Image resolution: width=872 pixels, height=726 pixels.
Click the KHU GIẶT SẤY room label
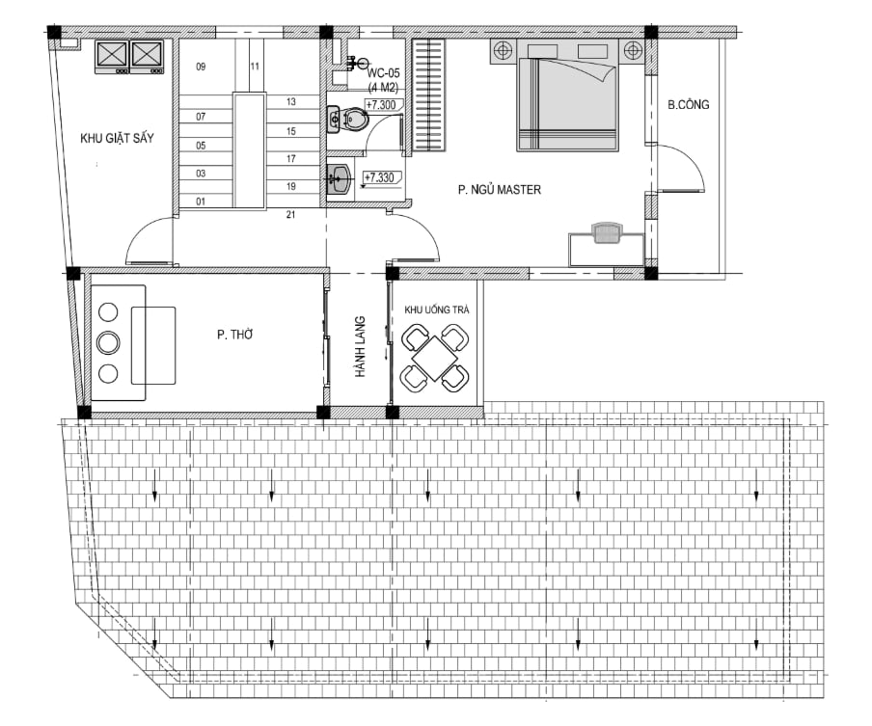pyautogui.click(x=117, y=139)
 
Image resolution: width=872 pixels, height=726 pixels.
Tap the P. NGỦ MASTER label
pyautogui.click(x=500, y=190)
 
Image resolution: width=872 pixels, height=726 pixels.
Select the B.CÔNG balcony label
pyautogui.click(x=689, y=104)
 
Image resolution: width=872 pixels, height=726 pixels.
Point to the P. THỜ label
pyautogui.click(x=234, y=335)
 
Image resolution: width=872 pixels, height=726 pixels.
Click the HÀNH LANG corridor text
pyautogui.click(x=361, y=347)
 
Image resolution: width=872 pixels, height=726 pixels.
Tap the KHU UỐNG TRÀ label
pyautogui.click(x=437, y=309)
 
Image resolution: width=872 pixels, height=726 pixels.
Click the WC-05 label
pyautogui.click(x=383, y=73)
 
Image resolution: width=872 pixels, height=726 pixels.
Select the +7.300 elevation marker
pyautogui.click(x=382, y=105)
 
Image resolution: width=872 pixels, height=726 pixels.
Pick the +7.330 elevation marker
pyautogui.click(x=379, y=178)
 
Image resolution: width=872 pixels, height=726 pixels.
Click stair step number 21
pyautogui.click(x=291, y=215)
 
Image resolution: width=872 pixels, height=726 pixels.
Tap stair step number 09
pyautogui.click(x=201, y=67)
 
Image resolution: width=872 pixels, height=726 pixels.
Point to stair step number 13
pyautogui.click(x=291, y=102)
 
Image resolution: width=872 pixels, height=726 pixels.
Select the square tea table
pyautogui.click(x=435, y=360)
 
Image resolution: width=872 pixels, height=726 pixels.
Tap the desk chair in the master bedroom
pyautogui.click(x=608, y=232)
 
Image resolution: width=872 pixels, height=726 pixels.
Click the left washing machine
pyautogui.click(x=112, y=57)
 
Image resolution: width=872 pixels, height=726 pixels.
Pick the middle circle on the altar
pyautogui.click(x=108, y=342)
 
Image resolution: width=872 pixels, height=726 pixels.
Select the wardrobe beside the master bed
pyautogui.click(x=429, y=95)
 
